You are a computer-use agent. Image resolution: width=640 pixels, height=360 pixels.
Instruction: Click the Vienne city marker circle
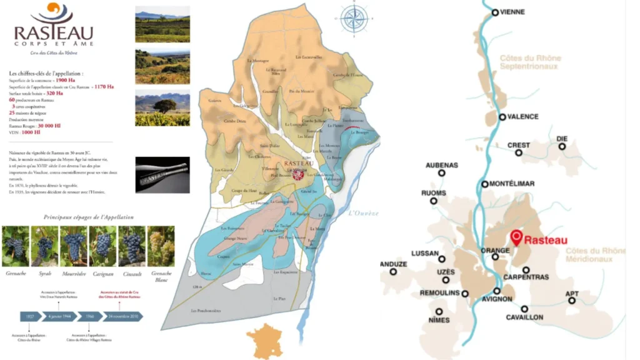(495, 12)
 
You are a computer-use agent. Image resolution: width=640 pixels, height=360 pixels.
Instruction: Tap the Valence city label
(523, 117)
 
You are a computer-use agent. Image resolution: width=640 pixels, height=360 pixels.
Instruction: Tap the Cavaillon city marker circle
(524, 309)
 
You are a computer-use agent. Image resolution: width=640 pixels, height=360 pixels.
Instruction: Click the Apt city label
(572, 294)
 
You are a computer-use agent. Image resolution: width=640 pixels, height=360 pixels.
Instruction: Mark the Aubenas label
(442, 166)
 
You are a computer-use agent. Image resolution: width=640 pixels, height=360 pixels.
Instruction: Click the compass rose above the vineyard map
(354, 18)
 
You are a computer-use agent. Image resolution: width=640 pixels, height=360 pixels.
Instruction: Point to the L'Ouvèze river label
(364, 213)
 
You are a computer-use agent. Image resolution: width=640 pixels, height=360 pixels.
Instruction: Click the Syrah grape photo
(45, 246)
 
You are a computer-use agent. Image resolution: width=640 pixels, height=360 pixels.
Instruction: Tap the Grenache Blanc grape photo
(161, 246)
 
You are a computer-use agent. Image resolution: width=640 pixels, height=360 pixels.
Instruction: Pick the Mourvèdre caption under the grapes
(74, 274)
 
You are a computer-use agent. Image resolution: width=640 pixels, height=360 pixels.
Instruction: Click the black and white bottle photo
(162, 174)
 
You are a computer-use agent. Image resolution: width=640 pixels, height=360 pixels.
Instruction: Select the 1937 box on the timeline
(31, 316)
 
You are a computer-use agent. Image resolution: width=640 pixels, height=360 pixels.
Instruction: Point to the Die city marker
(562, 147)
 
